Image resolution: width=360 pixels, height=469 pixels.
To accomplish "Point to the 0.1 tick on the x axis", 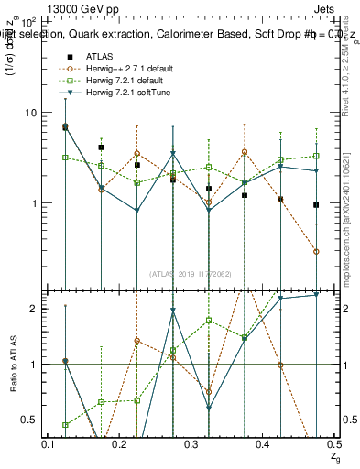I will (49, 443).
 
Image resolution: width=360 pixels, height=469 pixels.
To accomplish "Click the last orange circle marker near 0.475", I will (316, 251).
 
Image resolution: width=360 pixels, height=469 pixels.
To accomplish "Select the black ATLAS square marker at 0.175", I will (102, 147).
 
